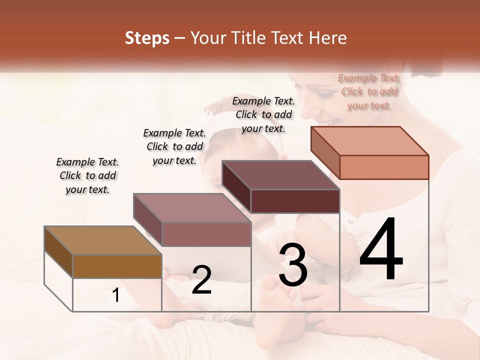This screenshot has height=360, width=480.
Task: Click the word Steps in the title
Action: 146,38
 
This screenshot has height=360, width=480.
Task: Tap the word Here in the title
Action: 328,38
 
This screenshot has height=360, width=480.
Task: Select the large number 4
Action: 381,250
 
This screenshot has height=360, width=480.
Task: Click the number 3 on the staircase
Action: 292,265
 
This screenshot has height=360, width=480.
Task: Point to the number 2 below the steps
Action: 201,280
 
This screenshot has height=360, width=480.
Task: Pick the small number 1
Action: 116,295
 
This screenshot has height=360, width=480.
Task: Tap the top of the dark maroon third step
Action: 280,175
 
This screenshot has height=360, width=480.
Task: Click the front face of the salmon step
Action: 384,167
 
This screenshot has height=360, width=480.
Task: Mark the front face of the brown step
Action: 117,266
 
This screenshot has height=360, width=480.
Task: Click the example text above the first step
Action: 87,175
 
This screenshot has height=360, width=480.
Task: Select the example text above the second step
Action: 174,146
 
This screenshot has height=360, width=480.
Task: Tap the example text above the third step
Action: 263,114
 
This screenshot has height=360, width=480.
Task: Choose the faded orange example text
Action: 369,91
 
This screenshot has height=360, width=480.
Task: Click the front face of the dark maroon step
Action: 295,201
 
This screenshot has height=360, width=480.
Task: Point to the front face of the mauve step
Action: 206,234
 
